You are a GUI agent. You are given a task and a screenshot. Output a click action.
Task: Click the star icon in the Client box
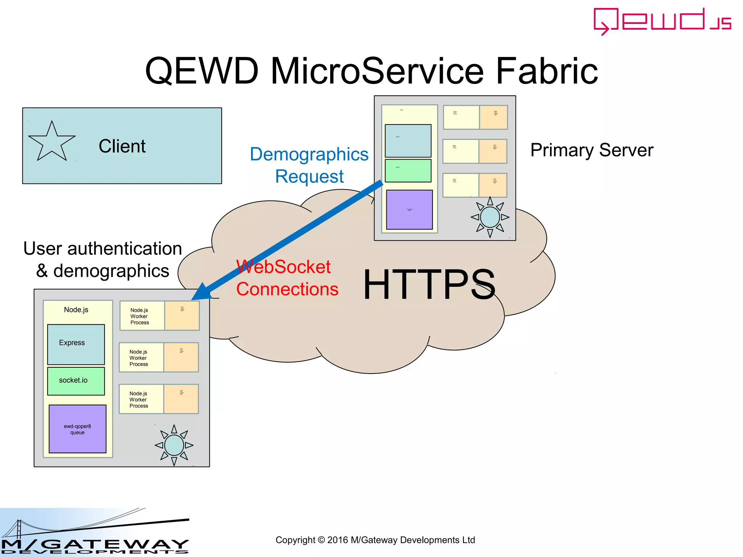tap(52, 142)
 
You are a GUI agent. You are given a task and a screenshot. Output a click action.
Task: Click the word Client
tap(122, 146)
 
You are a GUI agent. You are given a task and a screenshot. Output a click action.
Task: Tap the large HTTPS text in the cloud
tap(429, 285)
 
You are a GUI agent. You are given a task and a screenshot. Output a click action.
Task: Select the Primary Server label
tap(592, 150)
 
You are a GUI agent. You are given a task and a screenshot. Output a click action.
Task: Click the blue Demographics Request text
tap(309, 165)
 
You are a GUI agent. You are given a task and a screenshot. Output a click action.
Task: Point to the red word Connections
tap(287, 289)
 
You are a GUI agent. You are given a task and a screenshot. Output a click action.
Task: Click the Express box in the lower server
tap(76, 344)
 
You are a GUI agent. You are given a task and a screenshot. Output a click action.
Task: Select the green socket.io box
tap(76, 381)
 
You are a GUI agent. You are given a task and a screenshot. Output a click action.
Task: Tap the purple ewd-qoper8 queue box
tap(77, 429)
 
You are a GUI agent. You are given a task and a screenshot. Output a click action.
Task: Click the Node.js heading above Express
tap(76, 310)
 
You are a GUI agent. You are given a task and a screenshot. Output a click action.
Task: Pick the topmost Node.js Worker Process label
tap(140, 316)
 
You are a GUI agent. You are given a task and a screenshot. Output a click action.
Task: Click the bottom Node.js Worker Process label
tap(139, 400)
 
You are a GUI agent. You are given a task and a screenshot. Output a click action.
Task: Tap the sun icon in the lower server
tap(174, 445)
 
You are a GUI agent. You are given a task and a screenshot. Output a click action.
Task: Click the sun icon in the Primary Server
tap(490, 217)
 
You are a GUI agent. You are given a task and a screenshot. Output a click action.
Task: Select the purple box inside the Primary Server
tap(409, 210)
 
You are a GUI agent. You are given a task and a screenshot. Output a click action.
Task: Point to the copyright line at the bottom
tap(375, 540)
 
